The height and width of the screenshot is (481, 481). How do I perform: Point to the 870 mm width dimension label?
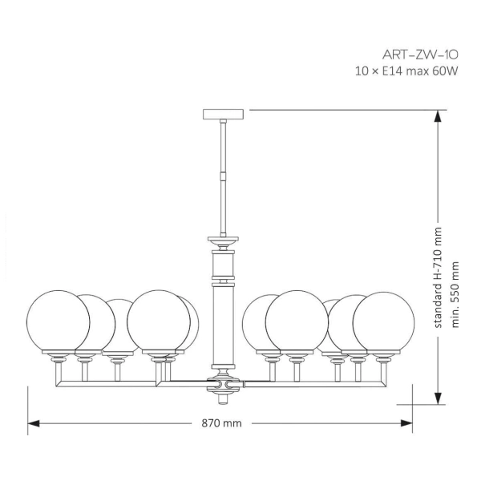[222, 422]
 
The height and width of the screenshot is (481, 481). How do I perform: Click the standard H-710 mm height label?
[439, 277]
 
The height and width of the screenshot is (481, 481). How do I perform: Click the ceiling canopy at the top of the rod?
[222, 112]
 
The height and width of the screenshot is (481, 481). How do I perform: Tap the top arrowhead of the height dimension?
[439, 116]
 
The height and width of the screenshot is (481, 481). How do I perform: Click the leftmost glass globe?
[57, 322]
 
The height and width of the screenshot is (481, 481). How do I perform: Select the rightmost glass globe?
[384, 322]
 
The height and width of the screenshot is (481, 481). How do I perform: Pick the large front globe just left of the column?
[159, 320]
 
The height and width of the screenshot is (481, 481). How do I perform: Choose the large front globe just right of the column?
[297, 320]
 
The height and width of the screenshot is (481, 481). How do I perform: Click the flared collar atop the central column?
[222, 240]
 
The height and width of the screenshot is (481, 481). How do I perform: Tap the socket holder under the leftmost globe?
[57, 357]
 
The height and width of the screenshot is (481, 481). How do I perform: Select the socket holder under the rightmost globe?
[384, 357]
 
